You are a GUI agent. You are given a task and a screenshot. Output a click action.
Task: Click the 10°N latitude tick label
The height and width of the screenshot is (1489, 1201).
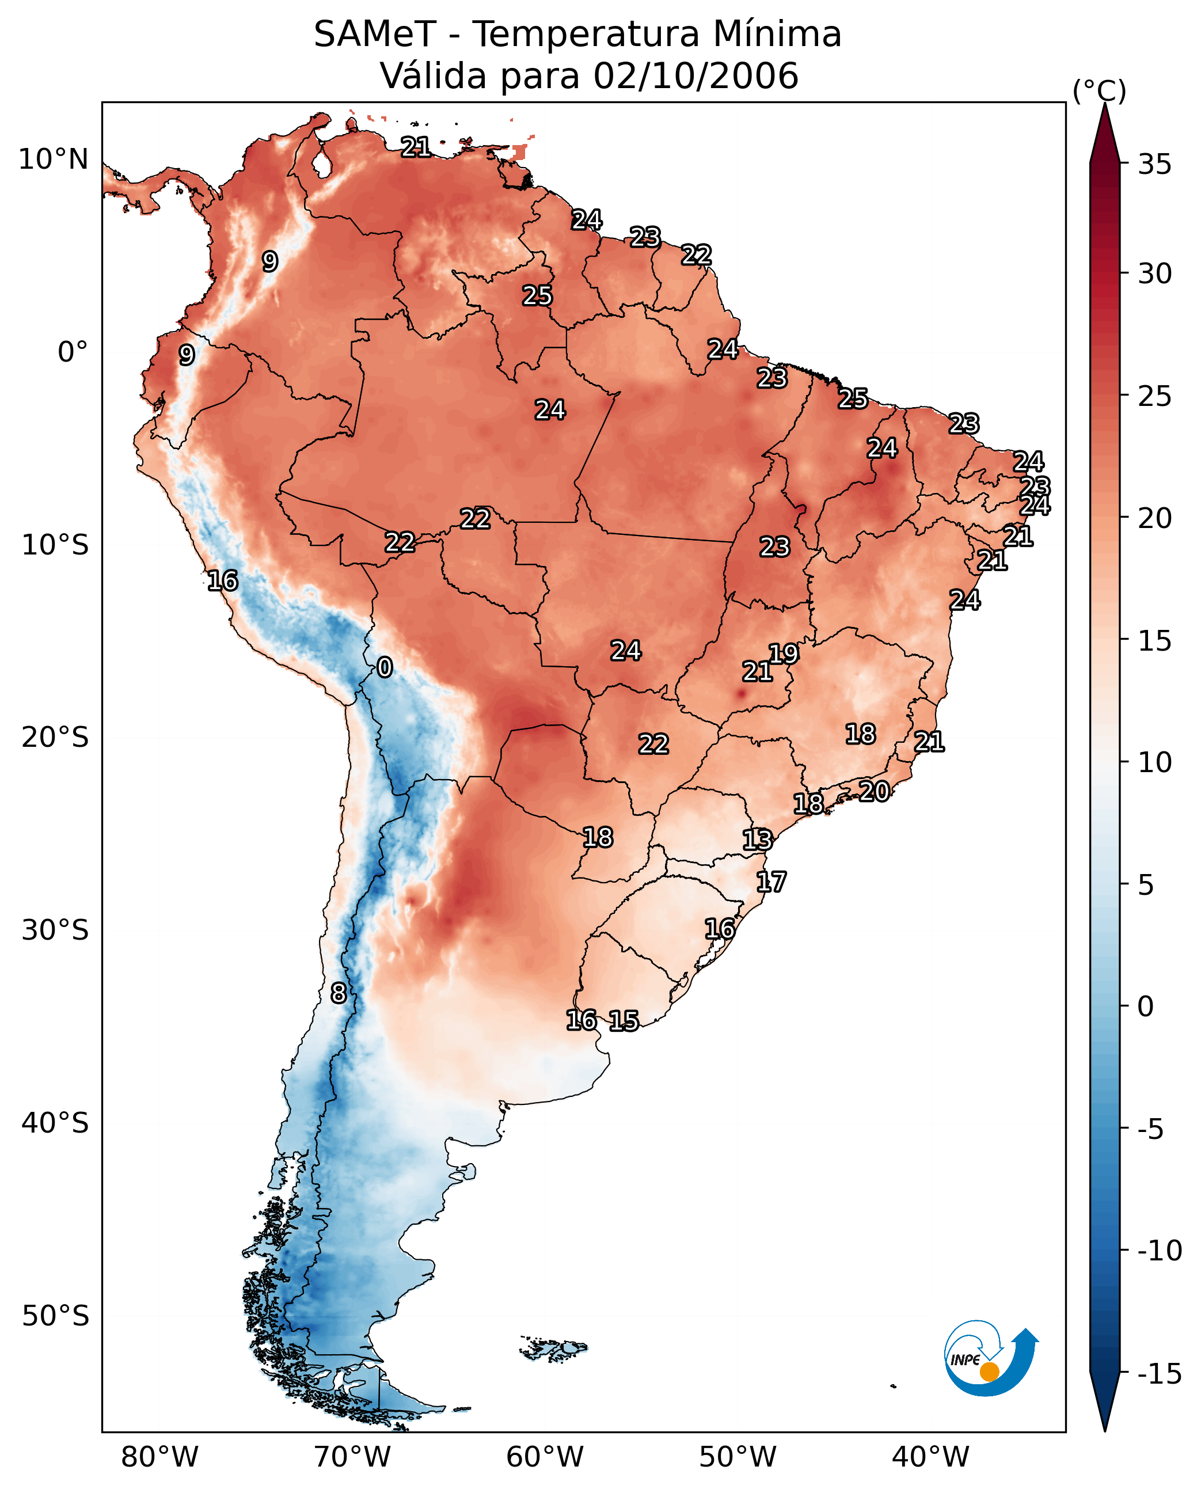click(x=54, y=160)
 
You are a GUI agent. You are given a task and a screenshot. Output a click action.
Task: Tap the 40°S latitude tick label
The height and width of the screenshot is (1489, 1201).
click(x=55, y=1122)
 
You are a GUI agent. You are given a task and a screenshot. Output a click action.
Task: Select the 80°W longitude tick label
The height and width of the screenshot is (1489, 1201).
click(x=160, y=1457)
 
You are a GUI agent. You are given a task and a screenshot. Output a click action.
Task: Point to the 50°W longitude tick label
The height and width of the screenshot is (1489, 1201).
click(x=738, y=1457)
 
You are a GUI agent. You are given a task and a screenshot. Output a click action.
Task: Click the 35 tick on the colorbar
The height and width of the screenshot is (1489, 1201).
click(x=1154, y=165)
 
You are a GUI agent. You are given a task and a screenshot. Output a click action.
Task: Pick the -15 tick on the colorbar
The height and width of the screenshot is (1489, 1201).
click(x=1160, y=1373)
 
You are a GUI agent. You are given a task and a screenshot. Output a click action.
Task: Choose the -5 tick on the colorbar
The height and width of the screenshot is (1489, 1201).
click(x=1154, y=1129)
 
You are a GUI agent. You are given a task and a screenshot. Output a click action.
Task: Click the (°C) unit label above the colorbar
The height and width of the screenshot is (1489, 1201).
click(x=1099, y=90)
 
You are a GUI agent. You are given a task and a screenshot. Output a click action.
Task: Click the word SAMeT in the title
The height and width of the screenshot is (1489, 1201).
click(x=374, y=35)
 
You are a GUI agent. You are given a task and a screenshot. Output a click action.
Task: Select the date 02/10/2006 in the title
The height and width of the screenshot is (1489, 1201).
click(x=695, y=76)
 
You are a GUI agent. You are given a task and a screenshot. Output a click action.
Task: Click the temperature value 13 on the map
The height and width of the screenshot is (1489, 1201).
click(x=757, y=840)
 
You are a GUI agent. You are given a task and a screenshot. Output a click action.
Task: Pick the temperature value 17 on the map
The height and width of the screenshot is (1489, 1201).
click(x=771, y=882)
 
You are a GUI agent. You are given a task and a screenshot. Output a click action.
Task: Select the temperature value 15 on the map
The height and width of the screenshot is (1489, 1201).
click(x=624, y=1020)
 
